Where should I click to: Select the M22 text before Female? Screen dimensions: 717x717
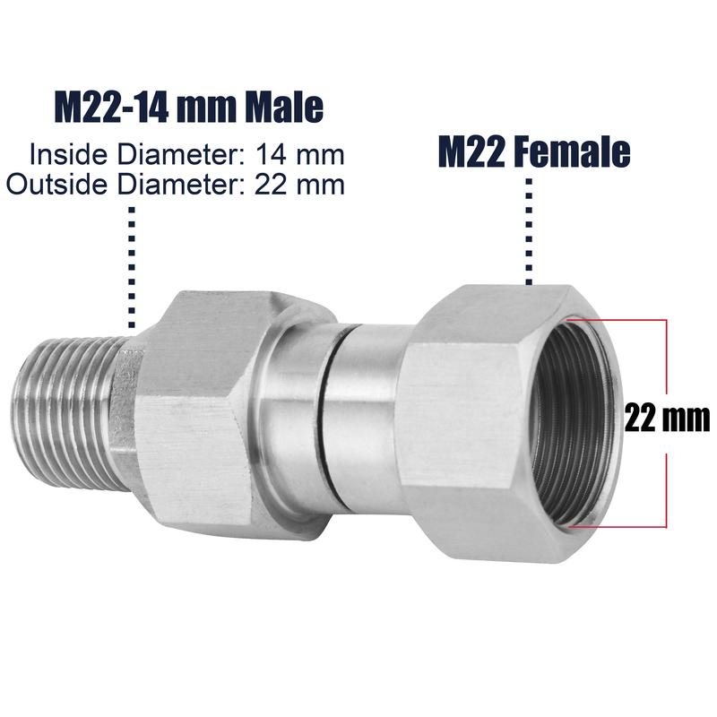(x=471, y=152)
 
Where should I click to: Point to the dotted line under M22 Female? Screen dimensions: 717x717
(x=529, y=233)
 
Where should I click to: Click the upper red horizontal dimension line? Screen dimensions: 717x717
(x=618, y=319)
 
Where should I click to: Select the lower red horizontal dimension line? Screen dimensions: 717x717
(x=618, y=527)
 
